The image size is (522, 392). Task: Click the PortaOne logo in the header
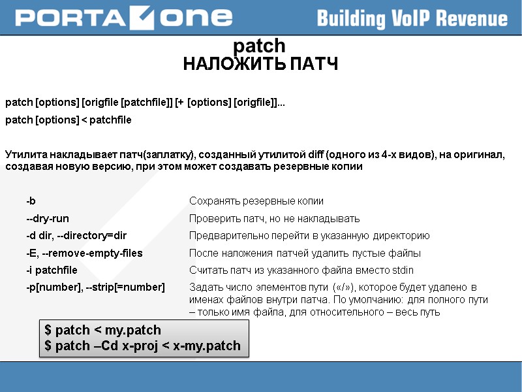tap(123, 18)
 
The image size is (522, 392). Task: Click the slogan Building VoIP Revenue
tap(412, 18)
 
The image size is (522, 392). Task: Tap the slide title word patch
tap(259, 46)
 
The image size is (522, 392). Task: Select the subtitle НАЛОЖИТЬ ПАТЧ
tap(260, 64)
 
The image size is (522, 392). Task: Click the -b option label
tap(31, 201)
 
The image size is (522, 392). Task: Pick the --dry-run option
tap(48, 219)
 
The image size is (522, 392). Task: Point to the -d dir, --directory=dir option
tap(76, 236)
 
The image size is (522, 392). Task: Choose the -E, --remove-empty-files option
tap(84, 253)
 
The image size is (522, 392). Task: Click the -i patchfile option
tap(52, 270)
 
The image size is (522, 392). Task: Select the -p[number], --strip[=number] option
tap(95, 287)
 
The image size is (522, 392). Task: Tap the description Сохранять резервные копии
tap(256, 201)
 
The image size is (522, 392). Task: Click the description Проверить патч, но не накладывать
tap(274, 219)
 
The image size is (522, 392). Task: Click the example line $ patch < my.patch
tap(102, 330)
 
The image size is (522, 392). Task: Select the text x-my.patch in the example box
tap(207, 346)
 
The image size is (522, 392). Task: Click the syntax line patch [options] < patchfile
tap(69, 120)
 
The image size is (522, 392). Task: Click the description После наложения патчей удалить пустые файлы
tap(305, 253)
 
